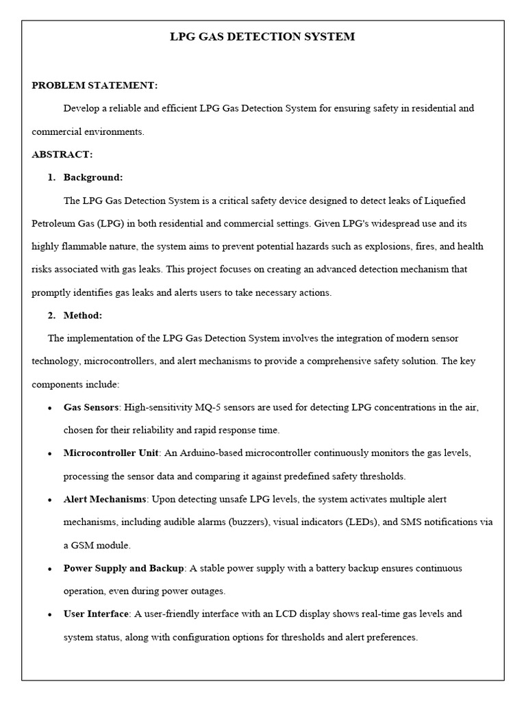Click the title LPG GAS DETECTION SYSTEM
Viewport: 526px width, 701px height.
click(x=262, y=37)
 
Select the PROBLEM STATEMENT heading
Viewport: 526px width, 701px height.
click(x=95, y=86)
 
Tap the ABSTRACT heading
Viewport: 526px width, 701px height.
click(x=62, y=155)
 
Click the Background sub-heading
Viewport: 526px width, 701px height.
click(x=93, y=177)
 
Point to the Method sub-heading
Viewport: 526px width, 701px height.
click(x=83, y=316)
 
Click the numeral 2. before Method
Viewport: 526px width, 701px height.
click(x=51, y=316)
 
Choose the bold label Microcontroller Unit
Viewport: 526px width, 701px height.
click(x=111, y=453)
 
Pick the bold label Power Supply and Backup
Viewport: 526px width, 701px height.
click(x=123, y=568)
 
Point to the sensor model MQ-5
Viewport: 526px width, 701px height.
click(x=207, y=407)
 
